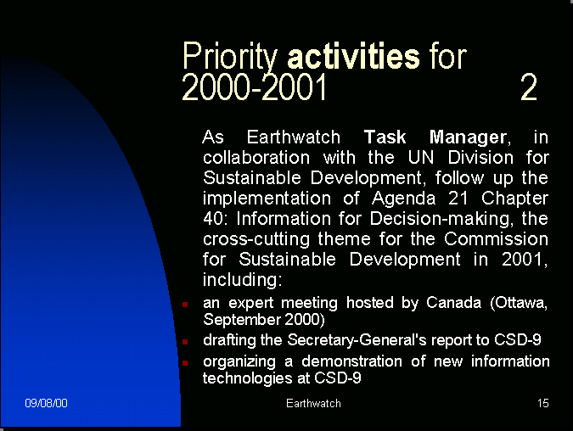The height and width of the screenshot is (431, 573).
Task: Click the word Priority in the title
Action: [x=230, y=57]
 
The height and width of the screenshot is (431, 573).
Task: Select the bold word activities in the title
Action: [x=354, y=55]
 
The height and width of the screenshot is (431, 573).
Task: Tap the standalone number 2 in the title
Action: [x=529, y=87]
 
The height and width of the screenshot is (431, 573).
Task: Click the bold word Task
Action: [x=385, y=137]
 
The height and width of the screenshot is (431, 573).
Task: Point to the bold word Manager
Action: [x=468, y=138]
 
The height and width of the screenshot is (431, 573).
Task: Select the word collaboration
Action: [x=256, y=158]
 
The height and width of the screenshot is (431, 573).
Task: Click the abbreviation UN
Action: [x=420, y=158]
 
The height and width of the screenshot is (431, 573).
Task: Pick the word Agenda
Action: [x=403, y=199]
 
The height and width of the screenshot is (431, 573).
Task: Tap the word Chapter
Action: [x=514, y=199]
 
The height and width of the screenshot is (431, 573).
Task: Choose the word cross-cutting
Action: [x=256, y=240]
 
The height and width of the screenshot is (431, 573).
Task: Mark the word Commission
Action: [x=496, y=239]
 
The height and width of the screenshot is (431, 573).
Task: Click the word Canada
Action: [x=453, y=303]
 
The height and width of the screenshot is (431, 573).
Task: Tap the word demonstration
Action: [x=351, y=361]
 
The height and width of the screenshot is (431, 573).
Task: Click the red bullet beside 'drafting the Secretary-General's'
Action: [x=185, y=342]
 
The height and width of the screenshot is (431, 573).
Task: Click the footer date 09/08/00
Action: [x=46, y=403]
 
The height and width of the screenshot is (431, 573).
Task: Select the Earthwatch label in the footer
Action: [x=313, y=403]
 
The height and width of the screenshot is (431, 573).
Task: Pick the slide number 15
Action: [x=543, y=403]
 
